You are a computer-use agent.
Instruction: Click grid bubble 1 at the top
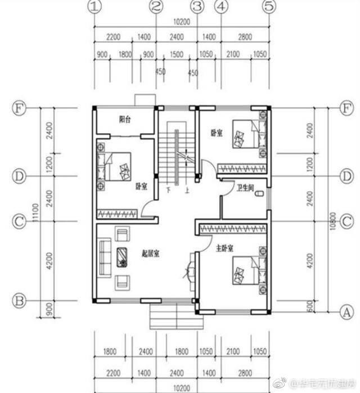95,7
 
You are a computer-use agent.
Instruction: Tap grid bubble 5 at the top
270,7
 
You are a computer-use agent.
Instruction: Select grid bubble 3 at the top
196,7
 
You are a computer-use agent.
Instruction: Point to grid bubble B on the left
19,301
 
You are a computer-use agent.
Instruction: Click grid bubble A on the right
347,310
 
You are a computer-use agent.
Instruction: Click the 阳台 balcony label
125,119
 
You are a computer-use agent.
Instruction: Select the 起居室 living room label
151,254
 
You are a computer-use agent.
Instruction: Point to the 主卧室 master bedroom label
224,247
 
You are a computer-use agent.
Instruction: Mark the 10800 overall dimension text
334,220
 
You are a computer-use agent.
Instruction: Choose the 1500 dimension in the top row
177,55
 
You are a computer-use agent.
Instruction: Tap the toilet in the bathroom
259,195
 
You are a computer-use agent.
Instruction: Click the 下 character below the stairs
169,191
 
